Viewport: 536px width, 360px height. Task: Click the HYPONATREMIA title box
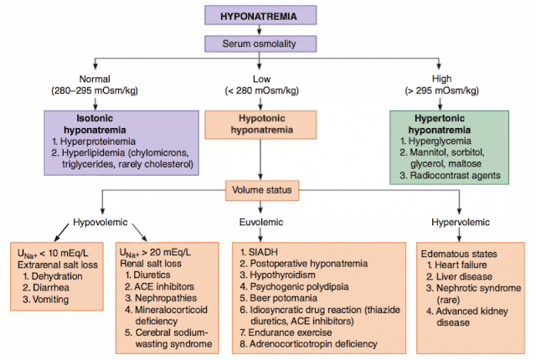pos(269,15)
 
